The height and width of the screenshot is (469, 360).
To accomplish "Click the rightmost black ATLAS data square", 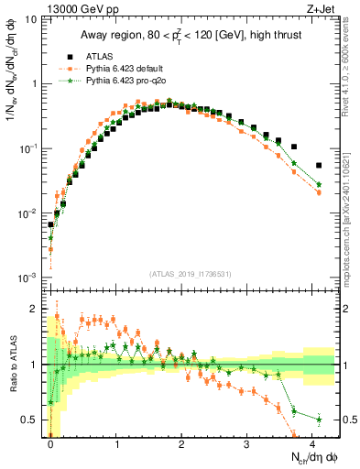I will (x=318, y=166).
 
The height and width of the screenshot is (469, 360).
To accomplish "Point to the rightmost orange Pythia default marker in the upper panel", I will (x=318, y=192).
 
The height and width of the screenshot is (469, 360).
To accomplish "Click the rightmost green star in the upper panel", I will (x=318, y=184).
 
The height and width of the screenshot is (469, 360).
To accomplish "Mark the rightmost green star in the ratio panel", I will (x=318, y=420).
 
